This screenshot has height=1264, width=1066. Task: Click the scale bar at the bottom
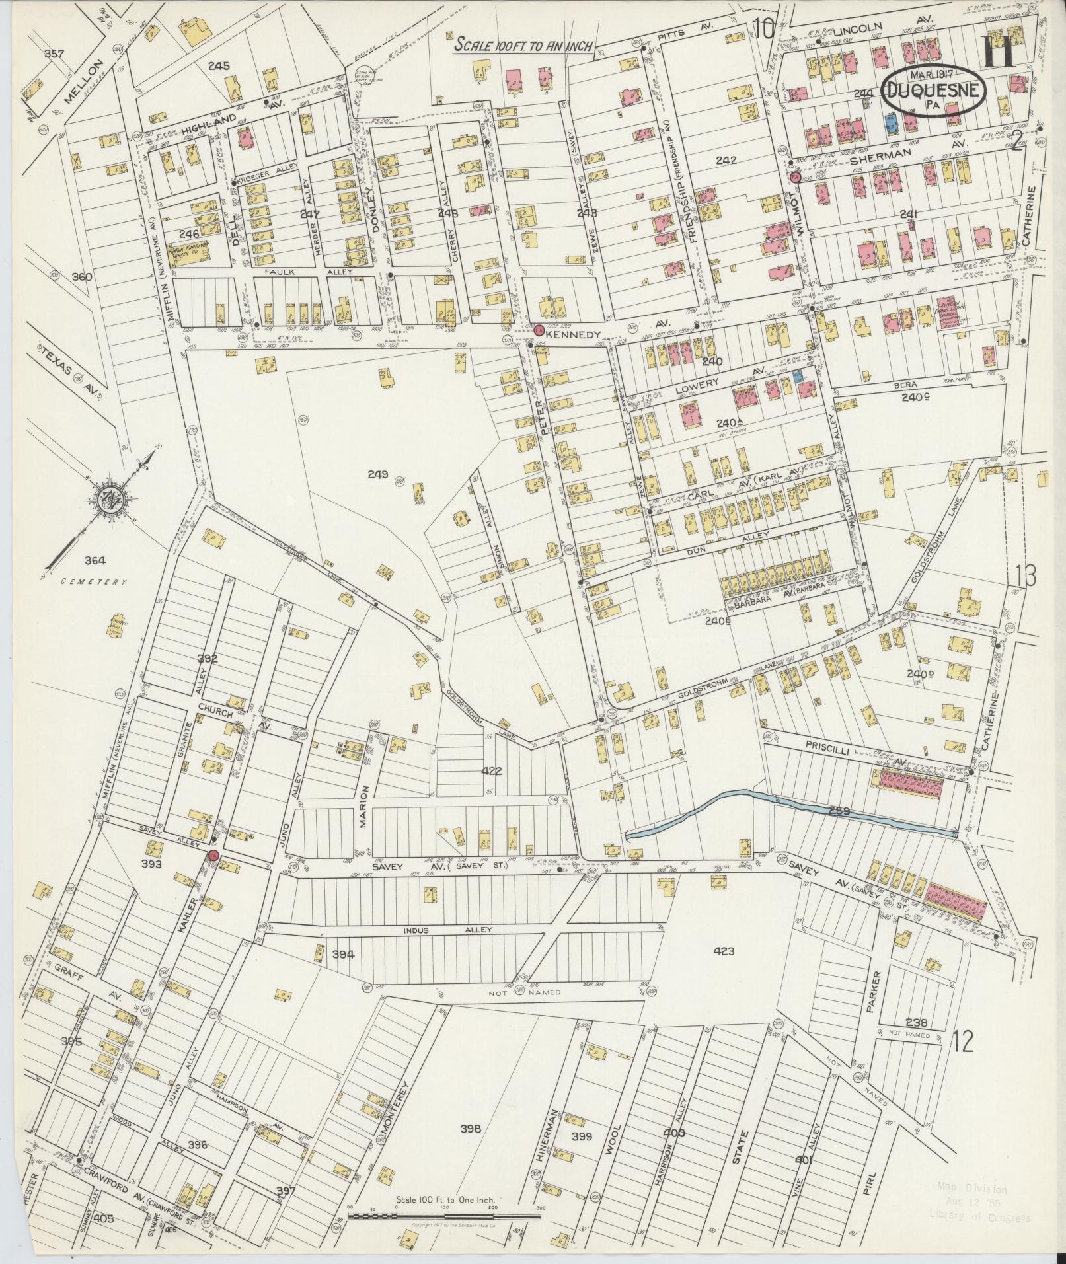[444, 1214]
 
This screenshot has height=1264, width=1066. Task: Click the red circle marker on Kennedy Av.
[539, 330]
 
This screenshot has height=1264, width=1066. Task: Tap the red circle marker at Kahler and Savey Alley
[213, 856]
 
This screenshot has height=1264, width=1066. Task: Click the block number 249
[379, 472]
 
